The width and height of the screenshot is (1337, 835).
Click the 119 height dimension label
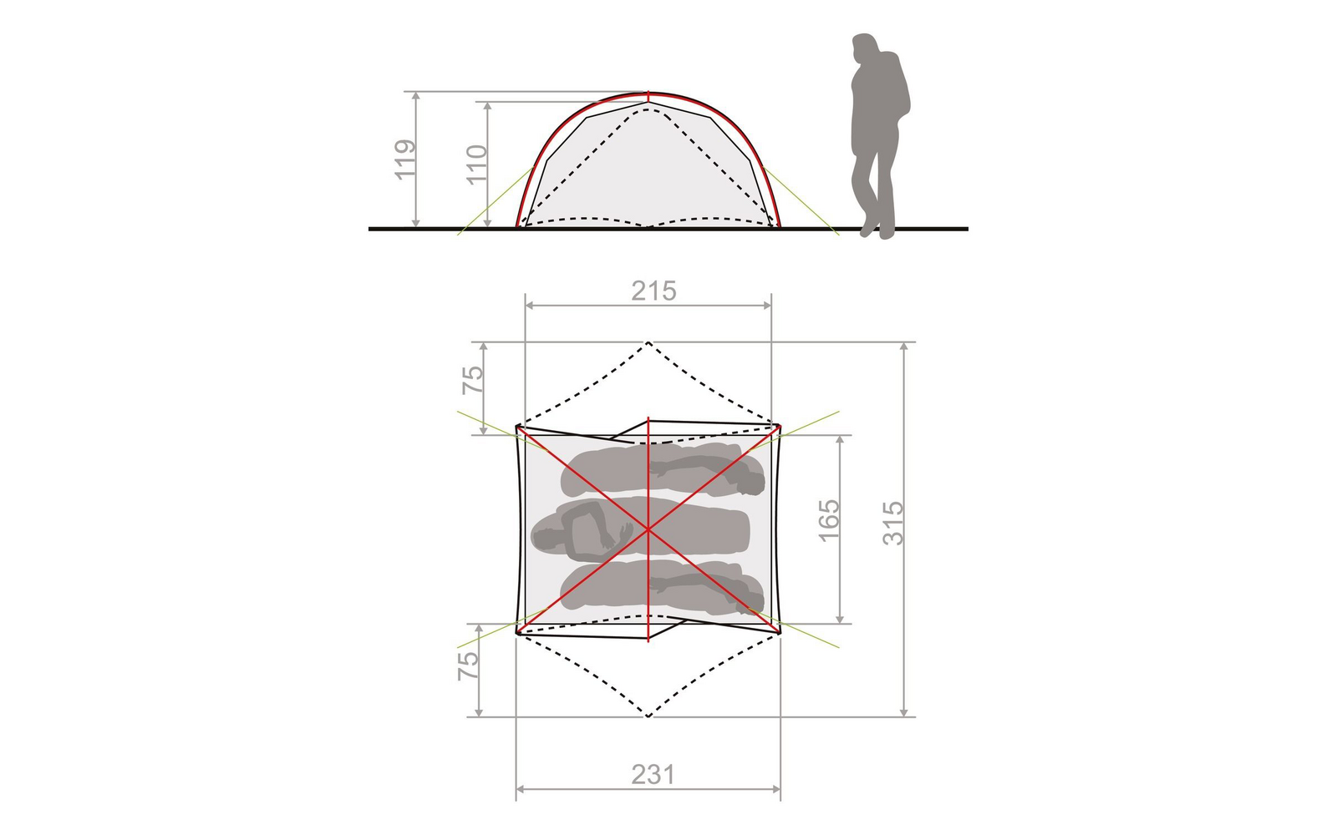tap(405, 159)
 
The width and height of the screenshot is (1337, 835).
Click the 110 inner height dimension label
tap(477, 165)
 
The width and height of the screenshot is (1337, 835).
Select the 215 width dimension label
tap(653, 291)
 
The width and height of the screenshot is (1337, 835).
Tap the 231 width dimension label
tap(653, 775)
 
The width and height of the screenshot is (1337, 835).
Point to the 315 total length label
tap(893, 523)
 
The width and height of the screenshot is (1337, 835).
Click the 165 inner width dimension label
tap(829, 521)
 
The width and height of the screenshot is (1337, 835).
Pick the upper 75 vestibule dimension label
tap(473, 380)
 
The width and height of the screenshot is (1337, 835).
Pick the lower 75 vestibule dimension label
tap(468, 665)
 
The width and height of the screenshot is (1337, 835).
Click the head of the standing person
tap(865, 47)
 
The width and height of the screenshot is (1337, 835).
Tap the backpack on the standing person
tap(897, 87)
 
